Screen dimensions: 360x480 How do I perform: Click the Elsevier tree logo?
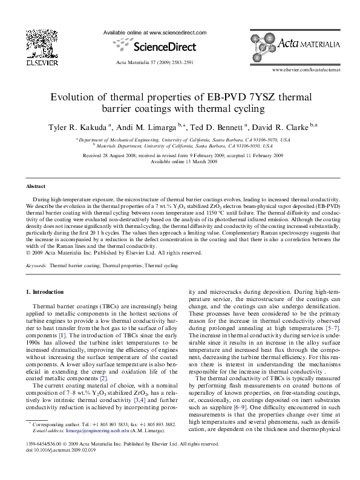pos(29,45)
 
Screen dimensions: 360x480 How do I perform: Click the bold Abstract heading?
pos(36,187)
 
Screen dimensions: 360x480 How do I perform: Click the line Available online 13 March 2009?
pos(180,161)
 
